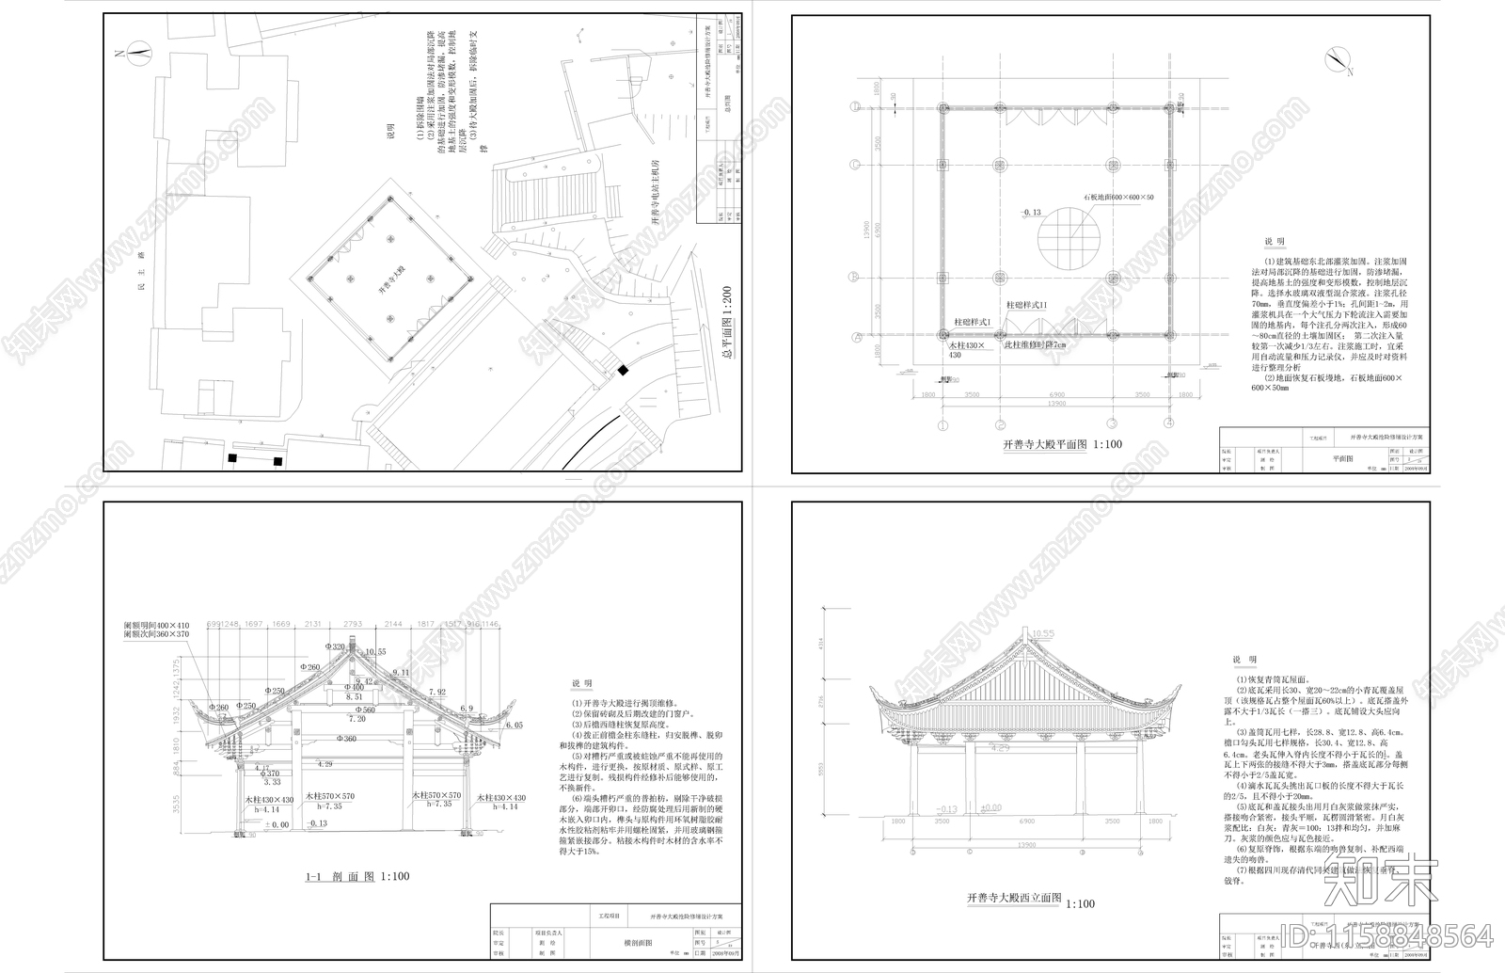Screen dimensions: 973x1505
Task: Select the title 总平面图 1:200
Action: tap(725, 325)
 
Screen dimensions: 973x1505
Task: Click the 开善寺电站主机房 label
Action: tap(657, 202)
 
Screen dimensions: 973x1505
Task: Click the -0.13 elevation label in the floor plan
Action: tap(1032, 213)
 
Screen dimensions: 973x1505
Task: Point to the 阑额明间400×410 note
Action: tap(156, 625)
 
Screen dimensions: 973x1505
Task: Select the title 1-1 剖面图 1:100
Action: tap(357, 876)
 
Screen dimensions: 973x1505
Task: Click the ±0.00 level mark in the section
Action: tap(277, 825)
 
